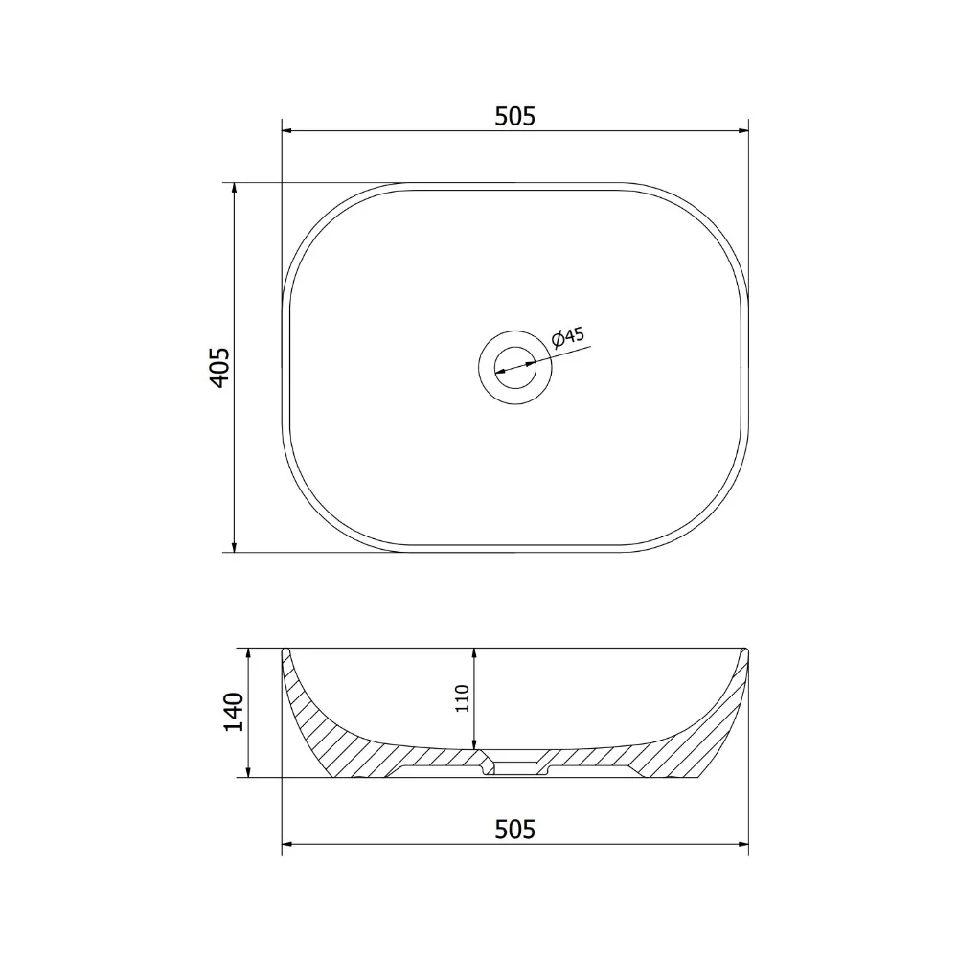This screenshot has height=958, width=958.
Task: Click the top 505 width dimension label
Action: [514, 116]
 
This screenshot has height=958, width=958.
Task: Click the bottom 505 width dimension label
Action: [514, 829]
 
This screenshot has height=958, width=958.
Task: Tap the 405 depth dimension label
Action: [219, 367]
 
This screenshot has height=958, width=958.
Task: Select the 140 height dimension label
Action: [234, 712]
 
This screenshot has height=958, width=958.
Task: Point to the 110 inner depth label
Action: [462, 698]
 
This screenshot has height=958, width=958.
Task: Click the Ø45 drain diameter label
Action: [567, 338]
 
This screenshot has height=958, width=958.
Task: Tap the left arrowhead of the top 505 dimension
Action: [288, 130]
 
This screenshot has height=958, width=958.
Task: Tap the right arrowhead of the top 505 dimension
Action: [741, 130]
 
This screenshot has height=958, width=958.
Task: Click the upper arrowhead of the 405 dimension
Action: [234, 190]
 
